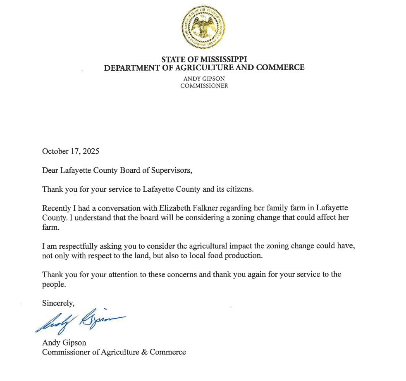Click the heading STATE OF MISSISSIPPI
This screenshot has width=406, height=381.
click(204, 59)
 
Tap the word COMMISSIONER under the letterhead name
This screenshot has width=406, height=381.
click(204, 86)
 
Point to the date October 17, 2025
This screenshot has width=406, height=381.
click(71, 151)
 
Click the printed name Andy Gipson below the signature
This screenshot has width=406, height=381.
click(64, 343)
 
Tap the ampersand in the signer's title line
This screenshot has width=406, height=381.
click(144, 352)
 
